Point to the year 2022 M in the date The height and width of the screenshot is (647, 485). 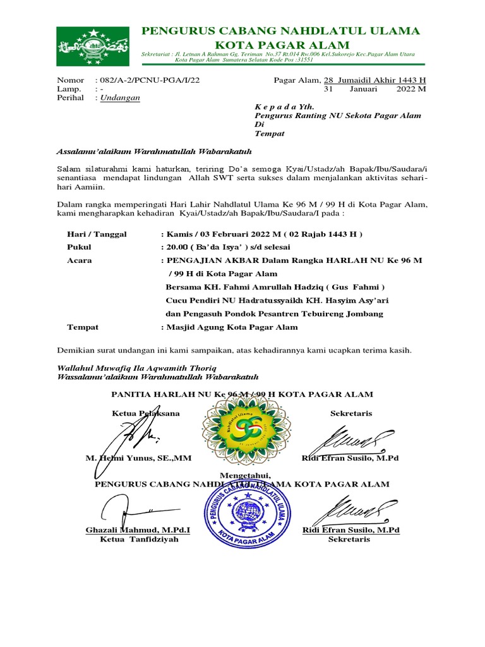pyautogui.click(x=410, y=89)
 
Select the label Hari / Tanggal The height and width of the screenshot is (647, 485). pyautogui.click(x=97, y=234)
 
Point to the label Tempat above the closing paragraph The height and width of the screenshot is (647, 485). pyautogui.click(x=83, y=327)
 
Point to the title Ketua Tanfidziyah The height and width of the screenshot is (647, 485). pyautogui.click(x=138, y=540)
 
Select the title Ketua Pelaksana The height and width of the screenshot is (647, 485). pyautogui.click(x=145, y=413)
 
